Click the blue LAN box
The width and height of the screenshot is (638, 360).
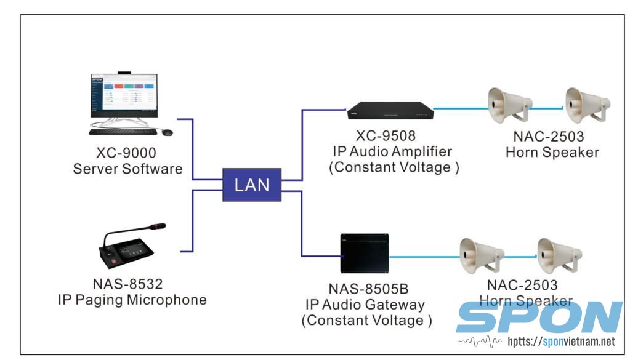click(252, 185)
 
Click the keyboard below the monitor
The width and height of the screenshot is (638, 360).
click(122, 132)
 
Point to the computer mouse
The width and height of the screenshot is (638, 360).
click(167, 132)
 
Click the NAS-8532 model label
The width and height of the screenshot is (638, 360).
click(132, 284)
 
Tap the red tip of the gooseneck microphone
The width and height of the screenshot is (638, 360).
click(161, 226)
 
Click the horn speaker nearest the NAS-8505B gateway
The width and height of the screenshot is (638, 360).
click(481, 255)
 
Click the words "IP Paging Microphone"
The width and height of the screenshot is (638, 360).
click(132, 300)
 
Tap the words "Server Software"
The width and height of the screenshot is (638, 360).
click(128, 169)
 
